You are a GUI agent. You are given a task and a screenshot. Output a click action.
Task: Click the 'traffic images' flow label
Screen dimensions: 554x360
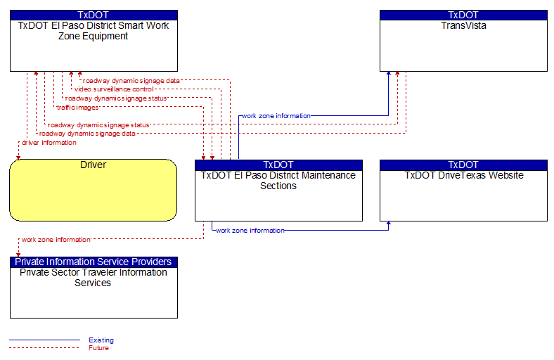(x=78, y=108)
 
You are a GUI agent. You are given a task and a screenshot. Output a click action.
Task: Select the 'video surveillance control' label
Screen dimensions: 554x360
(x=114, y=89)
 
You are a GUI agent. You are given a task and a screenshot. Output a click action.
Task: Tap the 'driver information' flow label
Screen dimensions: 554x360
(x=49, y=143)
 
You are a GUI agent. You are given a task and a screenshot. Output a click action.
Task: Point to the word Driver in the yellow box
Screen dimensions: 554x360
(x=94, y=165)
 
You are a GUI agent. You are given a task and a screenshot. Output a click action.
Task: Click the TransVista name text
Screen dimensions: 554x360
(x=463, y=26)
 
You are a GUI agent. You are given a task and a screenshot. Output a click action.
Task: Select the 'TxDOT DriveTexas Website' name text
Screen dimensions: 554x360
(x=464, y=176)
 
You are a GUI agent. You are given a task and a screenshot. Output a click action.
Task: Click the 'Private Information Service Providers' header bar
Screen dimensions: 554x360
(x=94, y=262)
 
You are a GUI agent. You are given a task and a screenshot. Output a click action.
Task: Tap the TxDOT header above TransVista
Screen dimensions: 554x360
(x=463, y=15)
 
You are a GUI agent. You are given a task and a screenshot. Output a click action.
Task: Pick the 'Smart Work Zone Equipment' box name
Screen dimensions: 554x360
(x=94, y=31)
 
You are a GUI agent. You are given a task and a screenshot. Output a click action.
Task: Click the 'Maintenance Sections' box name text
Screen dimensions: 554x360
(x=278, y=181)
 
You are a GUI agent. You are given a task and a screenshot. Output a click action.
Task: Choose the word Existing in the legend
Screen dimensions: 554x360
(x=101, y=340)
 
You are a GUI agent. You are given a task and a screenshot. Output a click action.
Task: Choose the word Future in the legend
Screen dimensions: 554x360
(x=98, y=348)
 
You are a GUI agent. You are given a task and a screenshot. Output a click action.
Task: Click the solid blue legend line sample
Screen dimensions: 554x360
(x=44, y=340)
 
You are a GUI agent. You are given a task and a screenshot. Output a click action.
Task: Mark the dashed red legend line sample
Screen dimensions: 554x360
(x=44, y=348)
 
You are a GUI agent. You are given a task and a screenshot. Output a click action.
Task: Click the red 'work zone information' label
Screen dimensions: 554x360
(x=56, y=240)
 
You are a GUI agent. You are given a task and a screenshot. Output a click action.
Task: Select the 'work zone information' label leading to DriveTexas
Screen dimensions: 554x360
(x=250, y=231)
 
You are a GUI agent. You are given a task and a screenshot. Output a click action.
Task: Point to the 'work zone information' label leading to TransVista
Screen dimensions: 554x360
(x=276, y=116)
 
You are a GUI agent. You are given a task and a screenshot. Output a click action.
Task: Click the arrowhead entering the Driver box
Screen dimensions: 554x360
(x=18, y=157)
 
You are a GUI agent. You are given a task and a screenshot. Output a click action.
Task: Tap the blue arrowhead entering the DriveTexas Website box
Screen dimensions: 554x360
(x=389, y=224)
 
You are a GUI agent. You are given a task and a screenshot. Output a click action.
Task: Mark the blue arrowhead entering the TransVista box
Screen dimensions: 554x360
(x=389, y=74)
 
